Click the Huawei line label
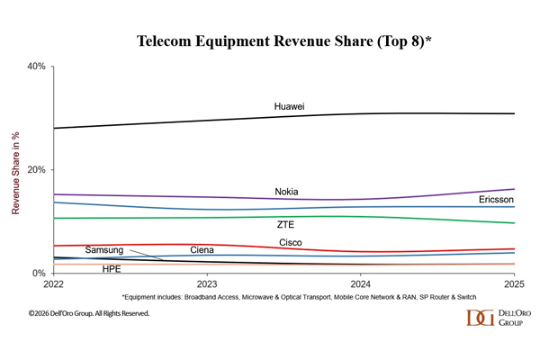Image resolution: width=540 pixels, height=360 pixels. [289, 107]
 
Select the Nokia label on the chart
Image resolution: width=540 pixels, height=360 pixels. [286, 192]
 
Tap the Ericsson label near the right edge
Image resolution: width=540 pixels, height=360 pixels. [496, 199]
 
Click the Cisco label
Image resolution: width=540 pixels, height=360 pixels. [290, 243]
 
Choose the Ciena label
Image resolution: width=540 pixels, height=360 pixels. [202, 249]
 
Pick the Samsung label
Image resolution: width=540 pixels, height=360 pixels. [104, 249]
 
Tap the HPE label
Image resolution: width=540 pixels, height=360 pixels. [112, 268]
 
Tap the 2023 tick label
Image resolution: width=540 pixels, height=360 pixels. [207, 283]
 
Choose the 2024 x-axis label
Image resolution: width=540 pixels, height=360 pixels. [360, 283]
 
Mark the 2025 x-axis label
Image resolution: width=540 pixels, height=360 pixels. [514, 283]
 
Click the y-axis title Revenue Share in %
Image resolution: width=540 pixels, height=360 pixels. [15, 171]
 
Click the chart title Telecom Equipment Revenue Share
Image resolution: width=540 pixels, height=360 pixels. [269, 42]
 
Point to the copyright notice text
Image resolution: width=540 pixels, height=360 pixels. [88, 313]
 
